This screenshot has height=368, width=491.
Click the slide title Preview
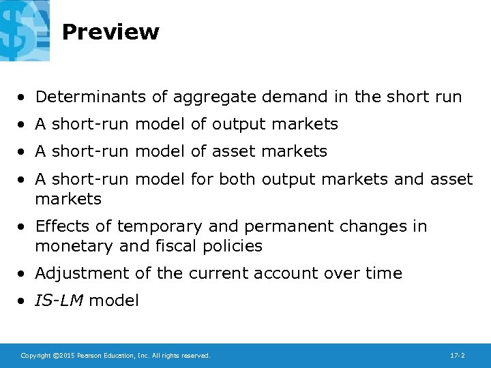[110, 32]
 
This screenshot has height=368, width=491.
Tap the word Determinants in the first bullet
[91, 97]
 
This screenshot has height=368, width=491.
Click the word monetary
[72, 246]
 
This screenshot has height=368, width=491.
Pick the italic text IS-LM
[60, 301]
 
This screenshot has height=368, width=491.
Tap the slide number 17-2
[458, 356]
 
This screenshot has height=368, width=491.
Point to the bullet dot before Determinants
[23, 97]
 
